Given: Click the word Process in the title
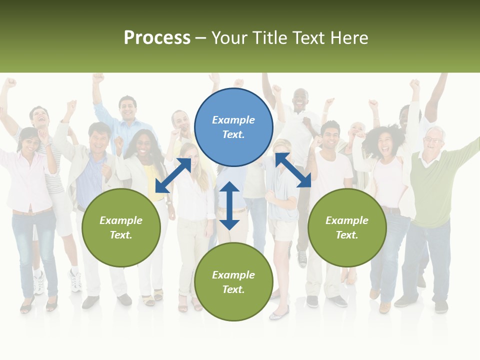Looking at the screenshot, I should pos(157,38).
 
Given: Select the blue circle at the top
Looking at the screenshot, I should pos(233,127).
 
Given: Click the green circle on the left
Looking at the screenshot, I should pos(121,227).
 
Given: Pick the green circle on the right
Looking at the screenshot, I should pos(347,227).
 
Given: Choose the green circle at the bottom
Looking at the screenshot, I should pos(233,282).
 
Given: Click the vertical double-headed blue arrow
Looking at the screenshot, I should pos(229,205).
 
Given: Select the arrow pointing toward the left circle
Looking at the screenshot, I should pos(173,175).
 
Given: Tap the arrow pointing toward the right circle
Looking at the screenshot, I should pos(293,170).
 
